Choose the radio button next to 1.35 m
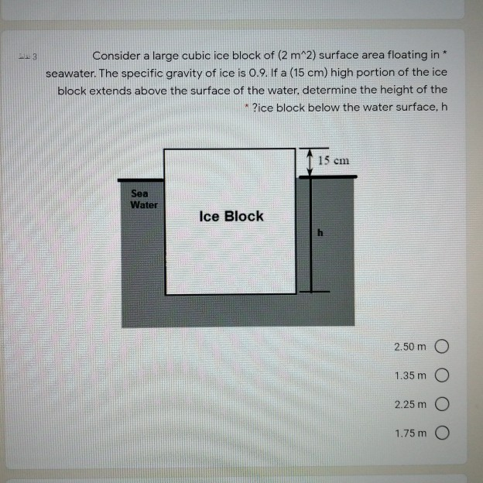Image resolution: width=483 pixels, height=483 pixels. pyautogui.click(x=442, y=375)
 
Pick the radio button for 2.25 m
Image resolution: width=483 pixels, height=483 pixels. pyautogui.click(x=442, y=406)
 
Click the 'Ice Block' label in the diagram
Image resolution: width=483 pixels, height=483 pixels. pyautogui.click(x=231, y=216)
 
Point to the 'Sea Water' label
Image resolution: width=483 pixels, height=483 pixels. pyautogui.click(x=144, y=199)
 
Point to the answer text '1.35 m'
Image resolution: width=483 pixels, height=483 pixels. pyautogui.click(x=410, y=375)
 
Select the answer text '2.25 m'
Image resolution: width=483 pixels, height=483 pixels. pyautogui.click(x=410, y=406)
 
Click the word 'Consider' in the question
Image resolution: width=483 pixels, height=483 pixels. pyautogui.click(x=116, y=56)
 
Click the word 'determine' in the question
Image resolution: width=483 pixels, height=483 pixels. pyautogui.click(x=339, y=90)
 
